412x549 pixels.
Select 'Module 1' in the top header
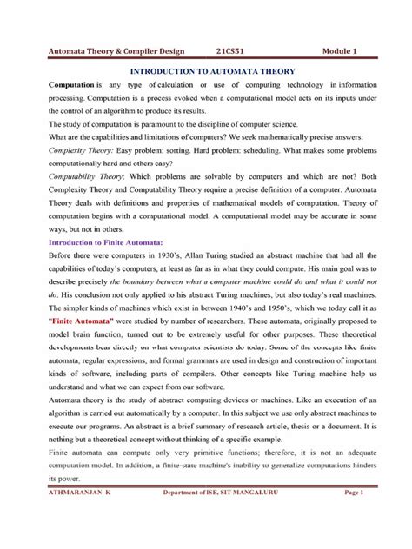coord(349,51)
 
